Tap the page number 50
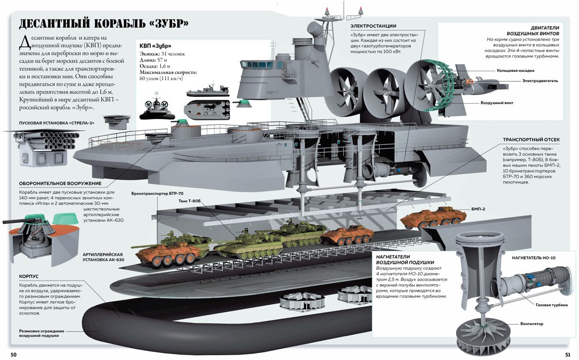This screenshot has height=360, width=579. tap(13, 355)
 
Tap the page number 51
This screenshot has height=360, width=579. tap(568, 355)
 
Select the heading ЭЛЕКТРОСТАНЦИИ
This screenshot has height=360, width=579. tap(373, 26)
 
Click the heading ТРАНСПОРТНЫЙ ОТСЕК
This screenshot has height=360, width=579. tap(531, 139)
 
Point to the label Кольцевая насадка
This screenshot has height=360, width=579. tap(516, 70)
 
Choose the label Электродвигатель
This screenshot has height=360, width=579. tap(540, 80)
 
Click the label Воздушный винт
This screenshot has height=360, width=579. tap(496, 103)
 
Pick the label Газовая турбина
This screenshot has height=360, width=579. tap(549, 305)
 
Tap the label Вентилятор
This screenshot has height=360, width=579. tap(532, 324)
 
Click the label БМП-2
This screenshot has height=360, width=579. tap(478, 209)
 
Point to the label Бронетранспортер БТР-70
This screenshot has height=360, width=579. tap(157, 193)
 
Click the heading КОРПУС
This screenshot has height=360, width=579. tap(29, 276)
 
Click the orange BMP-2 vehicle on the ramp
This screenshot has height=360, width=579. tap(432, 217)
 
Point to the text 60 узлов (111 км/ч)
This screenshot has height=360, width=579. tap(161, 78)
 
